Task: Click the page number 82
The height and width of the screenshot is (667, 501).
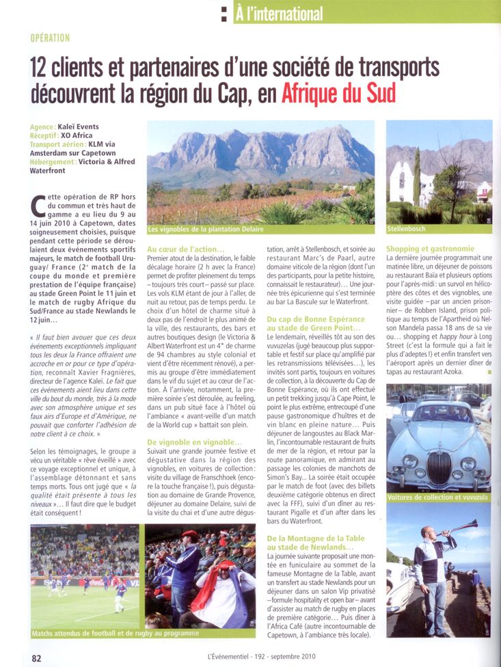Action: pyautogui.click(x=37, y=657)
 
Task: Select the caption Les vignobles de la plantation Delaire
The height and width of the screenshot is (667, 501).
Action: pyautogui.click(x=204, y=230)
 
